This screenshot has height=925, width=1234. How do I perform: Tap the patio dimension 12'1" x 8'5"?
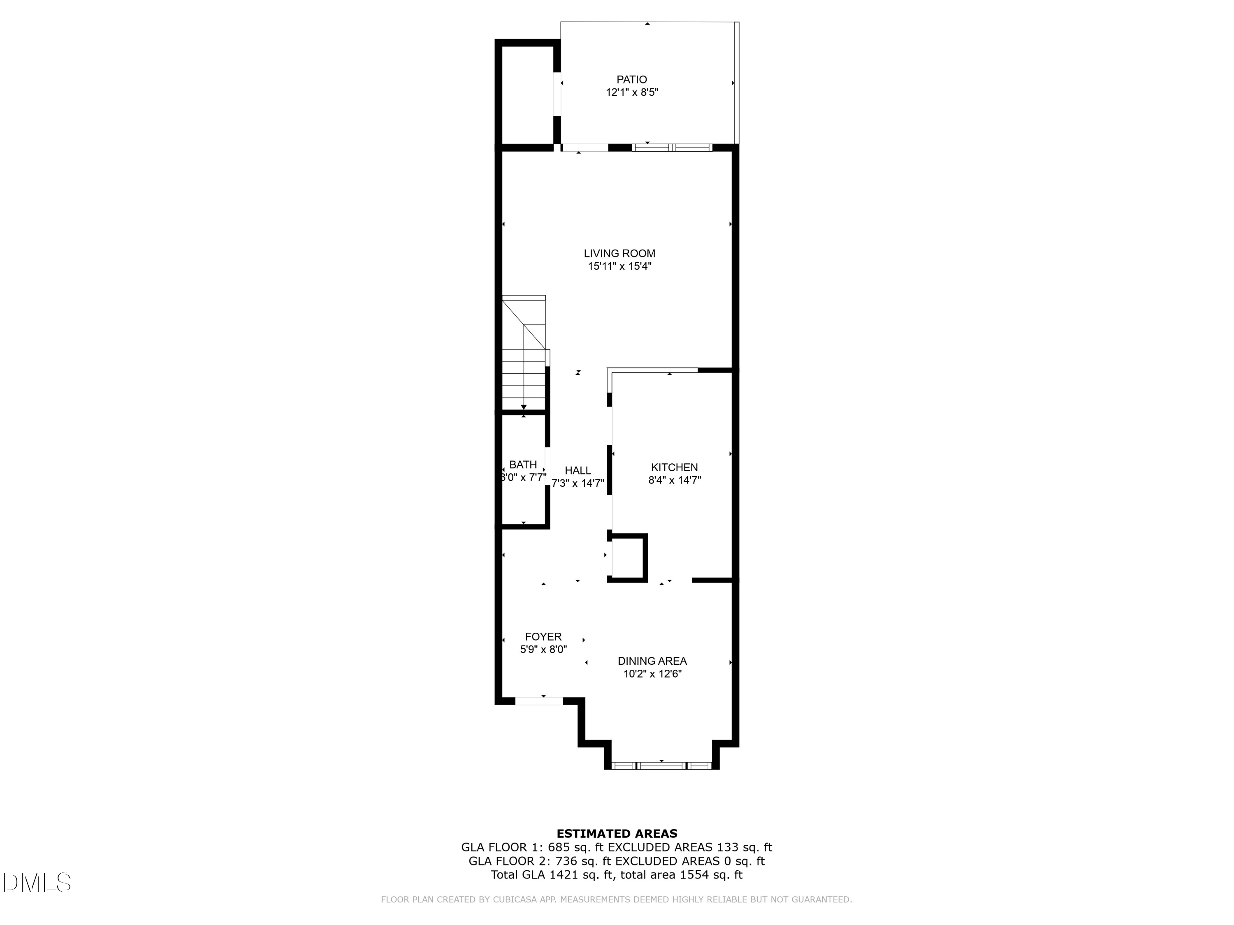coord(632,92)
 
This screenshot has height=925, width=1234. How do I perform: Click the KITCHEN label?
coord(675,467)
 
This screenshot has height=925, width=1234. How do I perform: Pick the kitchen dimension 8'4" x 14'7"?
coord(675,480)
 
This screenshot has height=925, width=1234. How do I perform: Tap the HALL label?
coord(578,471)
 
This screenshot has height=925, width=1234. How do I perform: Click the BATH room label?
coord(523,465)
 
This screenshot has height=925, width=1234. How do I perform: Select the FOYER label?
coord(543,637)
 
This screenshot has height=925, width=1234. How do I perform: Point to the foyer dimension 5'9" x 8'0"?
coord(543,650)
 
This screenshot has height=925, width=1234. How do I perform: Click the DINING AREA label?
coord(652,661)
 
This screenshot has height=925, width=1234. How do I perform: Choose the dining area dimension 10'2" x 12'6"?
coord(652,674)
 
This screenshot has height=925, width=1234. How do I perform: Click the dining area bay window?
coord(661,766)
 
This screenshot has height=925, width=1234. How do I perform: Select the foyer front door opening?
coord(538,701)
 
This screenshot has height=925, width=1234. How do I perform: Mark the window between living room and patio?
coord(672,148)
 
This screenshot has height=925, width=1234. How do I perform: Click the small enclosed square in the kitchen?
coord(628,557)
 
